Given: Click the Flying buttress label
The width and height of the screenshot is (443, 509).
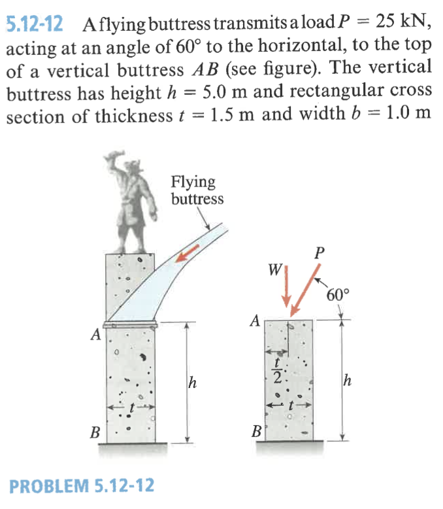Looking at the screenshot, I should (196, 190).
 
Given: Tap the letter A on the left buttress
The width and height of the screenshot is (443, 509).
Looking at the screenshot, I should (96, 336).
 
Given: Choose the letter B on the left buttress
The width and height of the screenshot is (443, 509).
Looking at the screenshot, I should (95, 432).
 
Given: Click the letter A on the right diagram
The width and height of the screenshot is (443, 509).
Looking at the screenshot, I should (256, 321).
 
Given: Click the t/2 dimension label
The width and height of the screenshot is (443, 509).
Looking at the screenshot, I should (278, 372).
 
